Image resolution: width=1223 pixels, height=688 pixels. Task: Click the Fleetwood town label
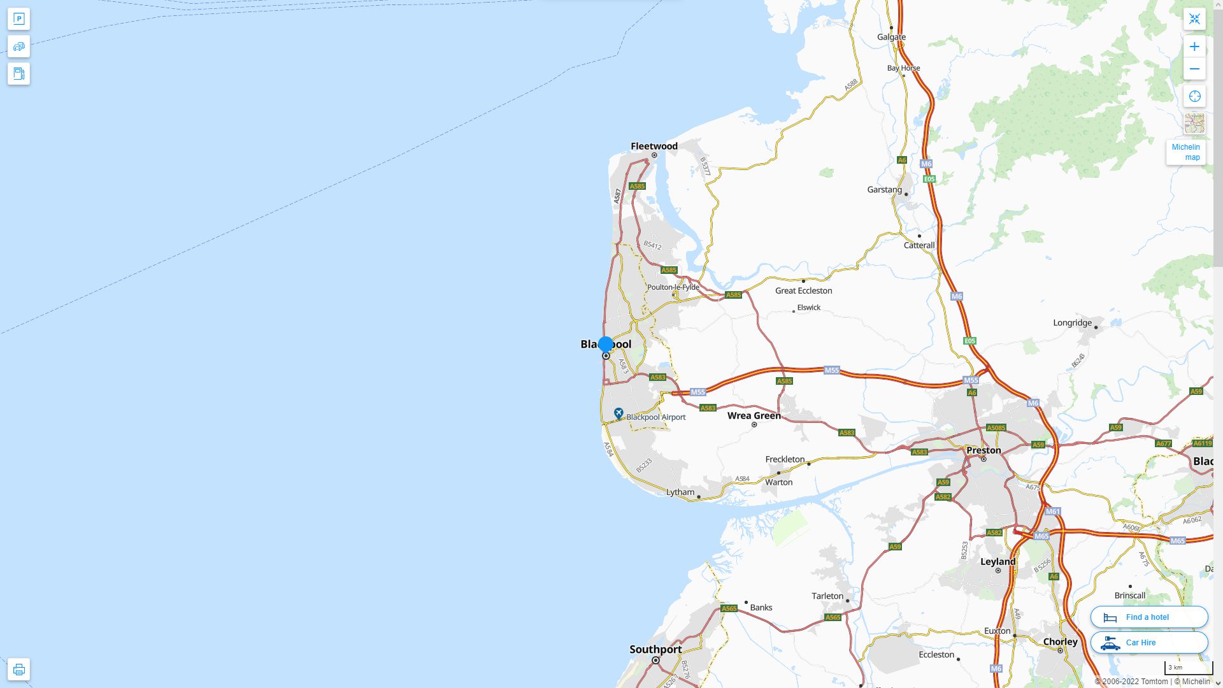tap(654, 146)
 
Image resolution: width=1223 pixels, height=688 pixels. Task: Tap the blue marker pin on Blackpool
tap(606, 345)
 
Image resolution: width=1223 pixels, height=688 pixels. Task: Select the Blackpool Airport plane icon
tap(618, 414)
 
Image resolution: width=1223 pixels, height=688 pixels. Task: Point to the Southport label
tap(655, 649)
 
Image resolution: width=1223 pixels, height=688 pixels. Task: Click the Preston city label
tap(983, 450)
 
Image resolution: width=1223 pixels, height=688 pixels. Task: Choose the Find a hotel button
tap(1148, 617)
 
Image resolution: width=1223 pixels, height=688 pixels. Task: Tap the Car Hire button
tap(1148, 642)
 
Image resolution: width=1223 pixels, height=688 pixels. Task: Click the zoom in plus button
tap(1194, 47)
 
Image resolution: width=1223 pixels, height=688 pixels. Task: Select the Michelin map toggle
tap(1185, 152)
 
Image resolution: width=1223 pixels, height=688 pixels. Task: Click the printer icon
tap(18, 670)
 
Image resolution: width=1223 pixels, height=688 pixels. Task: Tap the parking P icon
tap(18, 19)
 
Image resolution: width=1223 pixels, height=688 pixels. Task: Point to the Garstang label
tap(884, 189)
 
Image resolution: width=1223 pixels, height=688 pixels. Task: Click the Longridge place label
tap(1072, 322)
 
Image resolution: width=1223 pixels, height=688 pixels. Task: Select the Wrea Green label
tap(754, 415)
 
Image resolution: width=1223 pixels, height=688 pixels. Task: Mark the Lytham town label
tap(680, 492)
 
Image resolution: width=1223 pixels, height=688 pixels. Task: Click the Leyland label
tap(998, 561)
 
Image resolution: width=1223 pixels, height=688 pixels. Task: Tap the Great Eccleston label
tap(803, 290)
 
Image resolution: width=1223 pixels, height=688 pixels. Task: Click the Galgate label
tap(891, 37)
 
